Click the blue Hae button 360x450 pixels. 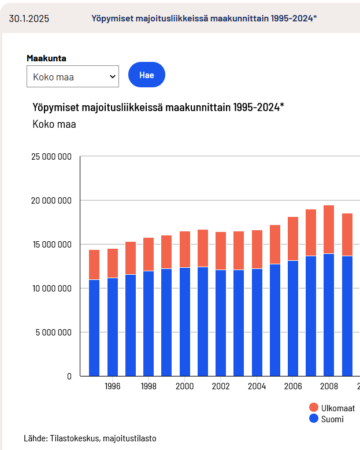click(146, 75)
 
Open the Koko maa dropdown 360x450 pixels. click(73, 76)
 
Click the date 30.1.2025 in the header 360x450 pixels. click(29, 18)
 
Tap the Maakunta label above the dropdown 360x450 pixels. click(46, 58)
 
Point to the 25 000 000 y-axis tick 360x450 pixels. click(51, 157)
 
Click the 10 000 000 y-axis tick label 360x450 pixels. click(51, 289)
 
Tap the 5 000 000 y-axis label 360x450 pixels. click(54, 333)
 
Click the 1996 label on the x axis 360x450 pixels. click(112, 386)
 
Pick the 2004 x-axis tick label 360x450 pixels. click(257, 386)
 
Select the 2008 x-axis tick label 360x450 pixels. click(329, 386)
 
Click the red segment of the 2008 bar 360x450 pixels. click(329, 229)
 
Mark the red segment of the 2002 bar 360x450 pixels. click(221, 250)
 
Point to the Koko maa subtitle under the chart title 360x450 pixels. click(54, 124)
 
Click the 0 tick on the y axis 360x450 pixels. click(69, 377)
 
